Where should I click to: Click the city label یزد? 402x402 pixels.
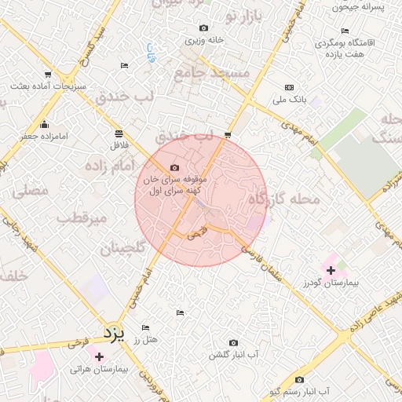point(115,334)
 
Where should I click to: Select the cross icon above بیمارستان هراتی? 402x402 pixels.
point(99,356)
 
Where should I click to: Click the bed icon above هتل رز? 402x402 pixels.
point(145,327)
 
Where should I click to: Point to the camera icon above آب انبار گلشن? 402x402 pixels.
point(233,343)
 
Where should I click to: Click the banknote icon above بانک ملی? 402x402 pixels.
point(289,87)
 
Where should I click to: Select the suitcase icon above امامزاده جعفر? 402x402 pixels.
point(45,124)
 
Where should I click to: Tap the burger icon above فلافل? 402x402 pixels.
point(118,133)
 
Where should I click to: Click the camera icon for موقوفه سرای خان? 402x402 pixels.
point(174,167)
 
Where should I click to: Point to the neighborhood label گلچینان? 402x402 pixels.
point(122,250)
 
